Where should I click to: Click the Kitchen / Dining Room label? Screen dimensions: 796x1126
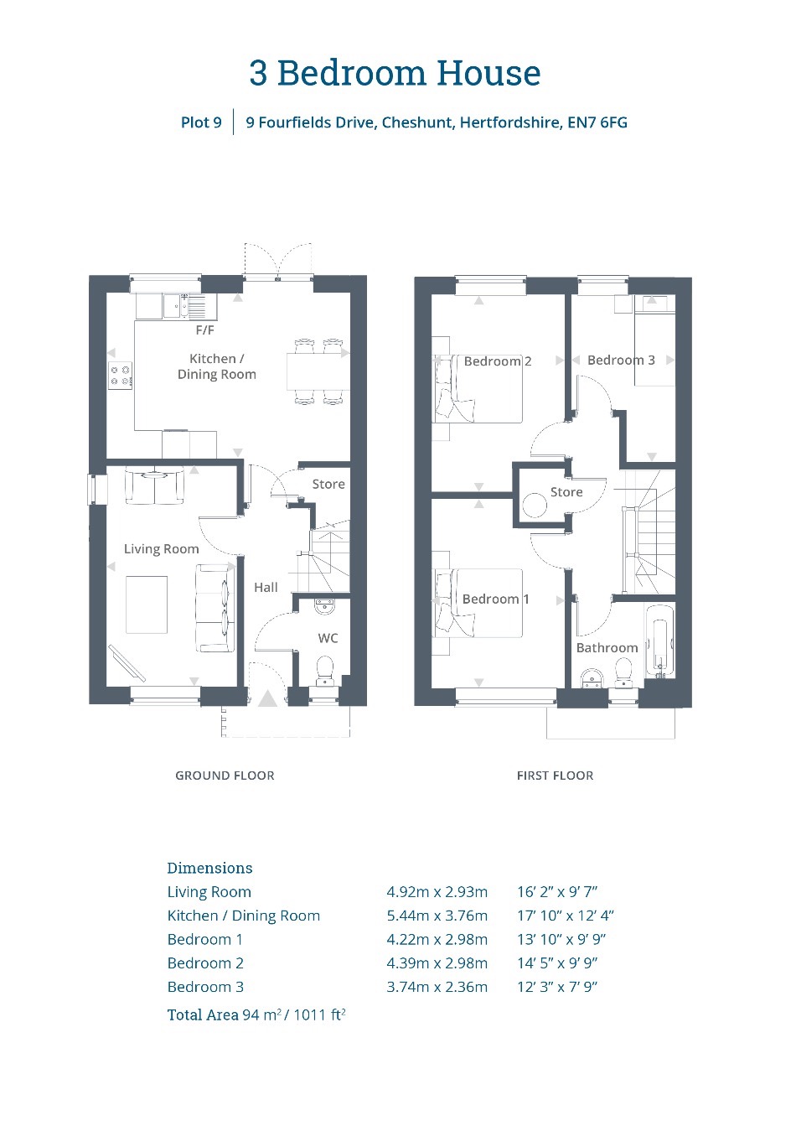tap(216, 366)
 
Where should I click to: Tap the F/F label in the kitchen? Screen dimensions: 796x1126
tap(205, 330)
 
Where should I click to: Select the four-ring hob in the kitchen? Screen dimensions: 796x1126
tap(121, 375)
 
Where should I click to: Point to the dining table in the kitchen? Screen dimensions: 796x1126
tap(318, 371)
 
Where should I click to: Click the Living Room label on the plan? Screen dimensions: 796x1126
tap(161, 549)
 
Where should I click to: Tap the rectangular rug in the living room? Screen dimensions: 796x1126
tap(147, 605)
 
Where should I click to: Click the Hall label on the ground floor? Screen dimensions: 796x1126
tap(266, 587)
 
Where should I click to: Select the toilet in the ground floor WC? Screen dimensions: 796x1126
tap(325, 671)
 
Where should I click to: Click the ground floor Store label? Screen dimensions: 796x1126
tap(328, 484)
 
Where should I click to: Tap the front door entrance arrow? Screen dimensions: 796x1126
tap(267, 698)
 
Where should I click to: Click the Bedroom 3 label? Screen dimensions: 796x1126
tap(621, 360)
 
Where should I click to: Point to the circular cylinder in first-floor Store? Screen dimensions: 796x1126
tap(534, 506)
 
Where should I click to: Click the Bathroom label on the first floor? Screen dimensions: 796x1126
tap(607, 647)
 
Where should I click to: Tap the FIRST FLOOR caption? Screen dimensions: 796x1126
tap(555, 776)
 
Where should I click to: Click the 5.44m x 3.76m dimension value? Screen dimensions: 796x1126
tap(437, 916)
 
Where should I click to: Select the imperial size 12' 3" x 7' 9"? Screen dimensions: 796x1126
tap(557, 987)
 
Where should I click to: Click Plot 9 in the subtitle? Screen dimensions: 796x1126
tap(201, 122)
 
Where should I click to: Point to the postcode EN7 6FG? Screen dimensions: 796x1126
tap(597, 122)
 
